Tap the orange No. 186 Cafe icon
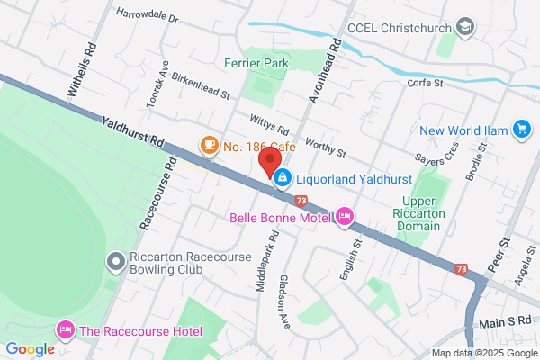(x=209, y=145)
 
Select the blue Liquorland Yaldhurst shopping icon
(x=283, y=177)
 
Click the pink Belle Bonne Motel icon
(x=344, y=216)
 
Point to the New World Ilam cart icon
(x=520, y=130)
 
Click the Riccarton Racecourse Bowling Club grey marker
(x=115, y=262)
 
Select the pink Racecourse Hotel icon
(x=65, y=330)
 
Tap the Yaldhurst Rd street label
(x=132, y=130)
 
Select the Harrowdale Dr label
(x=148, y=16)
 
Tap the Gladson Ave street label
(x=285, y=301)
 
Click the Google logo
(x=30, y=349)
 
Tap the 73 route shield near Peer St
(x=462, y=269)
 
